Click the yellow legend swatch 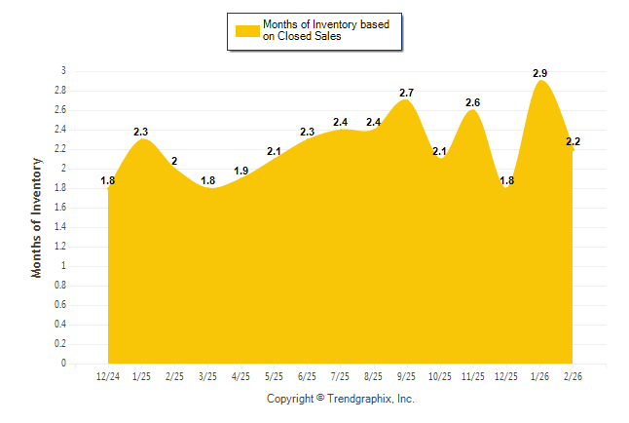[x=246, y=30]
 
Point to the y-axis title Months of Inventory [x=37, y=217]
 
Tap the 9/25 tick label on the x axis [x=407, y=376]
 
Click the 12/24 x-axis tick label [x=108, y=376]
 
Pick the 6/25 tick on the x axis [x=308, y=376]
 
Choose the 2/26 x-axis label [x=573, y=376]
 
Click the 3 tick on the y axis [x=63, y=71]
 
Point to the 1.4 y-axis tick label [x=60, y=227]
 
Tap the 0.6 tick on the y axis [x=60, y=305]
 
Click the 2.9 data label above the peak [x=539, y=73]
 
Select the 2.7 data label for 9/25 [x=407, y=93]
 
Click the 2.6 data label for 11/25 [x=473, y=102]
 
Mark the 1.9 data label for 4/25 [x=241, y=171]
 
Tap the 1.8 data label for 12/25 [x=506, y=180]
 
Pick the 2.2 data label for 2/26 [x=573, y=141]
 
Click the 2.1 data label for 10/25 [x=440, y=151]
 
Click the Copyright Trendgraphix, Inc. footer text [x=341, y=399]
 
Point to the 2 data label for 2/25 [x=174, y=161]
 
